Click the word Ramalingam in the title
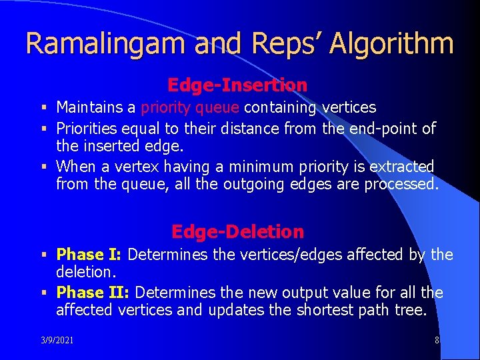(x=105, y=43)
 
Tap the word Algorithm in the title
(x=391, y=43)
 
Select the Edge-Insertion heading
(x=237, y=85)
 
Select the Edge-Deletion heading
(x=237, y=232)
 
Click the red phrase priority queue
(x=190, y=108)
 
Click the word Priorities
(x=87, y=129)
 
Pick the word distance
(x=250, y=128)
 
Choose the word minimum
(x=261, y=167)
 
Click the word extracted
(x=401, y=167)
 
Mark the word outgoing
(x=254, y=185)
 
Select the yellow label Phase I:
(x=89, y=255)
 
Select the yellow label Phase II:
(x=93, y=293)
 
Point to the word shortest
(x=325, y=310)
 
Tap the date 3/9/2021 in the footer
(x=57, y=340)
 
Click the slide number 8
(x=437, y=340)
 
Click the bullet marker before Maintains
(x=45, y=107)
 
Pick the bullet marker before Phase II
(x=45, y=293)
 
